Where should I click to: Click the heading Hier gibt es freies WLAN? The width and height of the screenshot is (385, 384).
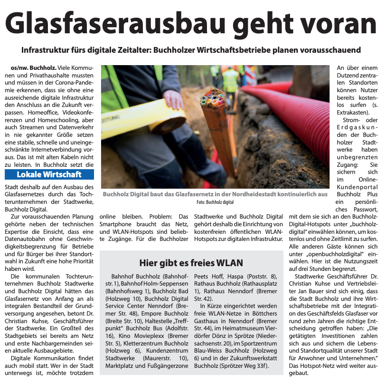click(x=191, y=263)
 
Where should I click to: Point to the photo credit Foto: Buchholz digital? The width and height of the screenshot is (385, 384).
click(x=215, y=202)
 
